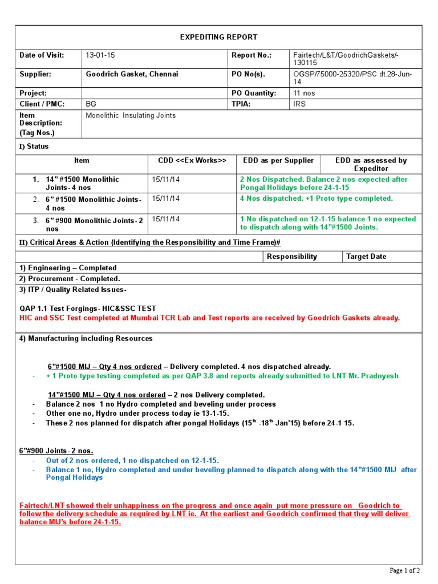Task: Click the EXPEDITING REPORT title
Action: (218, 37)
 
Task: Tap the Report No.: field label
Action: (251, 55)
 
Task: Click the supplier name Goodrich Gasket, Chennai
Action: (132, 74)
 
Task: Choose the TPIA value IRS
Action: (299, 104)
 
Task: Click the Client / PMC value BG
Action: (91, 104)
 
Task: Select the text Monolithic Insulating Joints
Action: (131, 115)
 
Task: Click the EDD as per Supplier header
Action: (278, 160)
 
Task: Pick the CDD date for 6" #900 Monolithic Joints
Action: (165, 219)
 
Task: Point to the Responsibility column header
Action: (291, 257)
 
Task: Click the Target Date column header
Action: (366, 257)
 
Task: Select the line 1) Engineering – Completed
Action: (68, 267)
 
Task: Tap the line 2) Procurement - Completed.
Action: (70, 278)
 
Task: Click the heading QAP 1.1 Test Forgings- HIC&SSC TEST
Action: (88, 309)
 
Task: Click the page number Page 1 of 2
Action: (404, 570)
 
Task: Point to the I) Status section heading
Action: (34, 147)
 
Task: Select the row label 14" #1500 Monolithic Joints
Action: (82, 183)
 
